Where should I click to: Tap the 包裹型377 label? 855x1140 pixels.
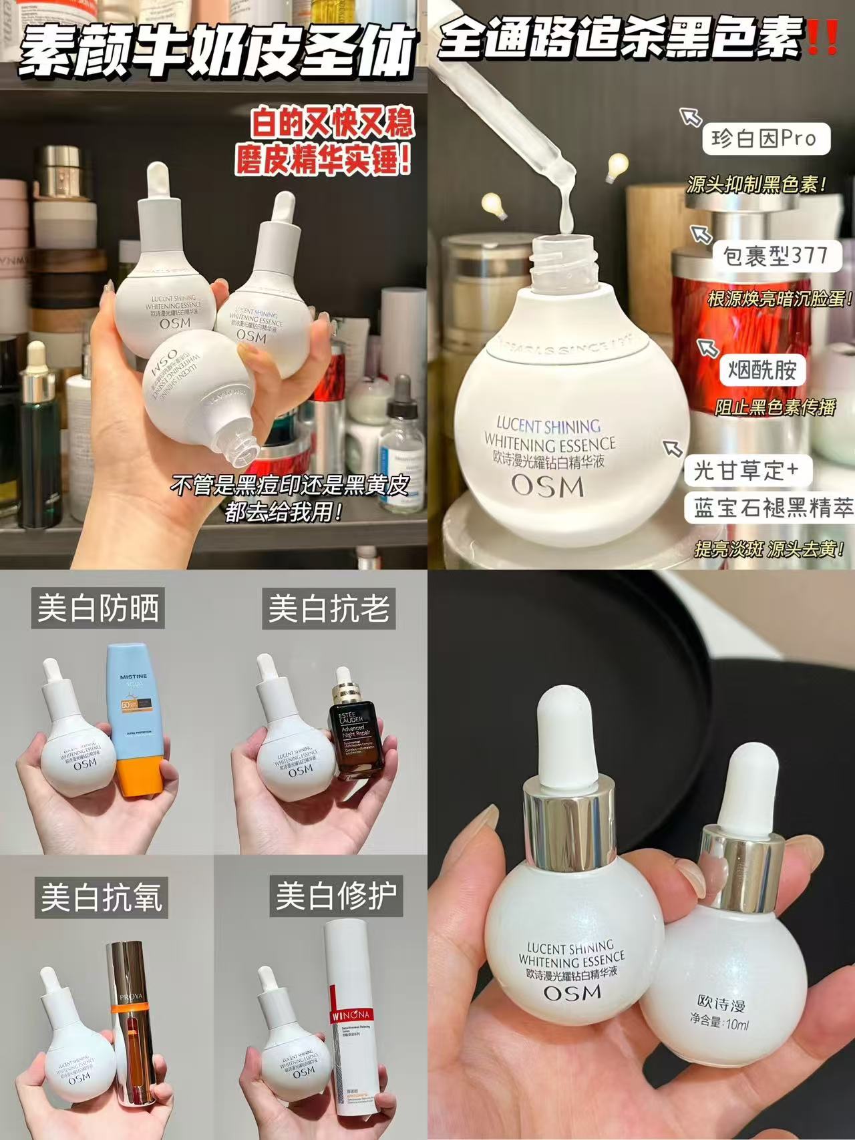coord(774,255)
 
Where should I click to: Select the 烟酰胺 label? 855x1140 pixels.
coord(762,369)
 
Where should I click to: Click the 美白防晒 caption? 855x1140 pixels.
coord(98,608)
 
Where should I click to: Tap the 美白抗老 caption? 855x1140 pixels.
coord(328,608)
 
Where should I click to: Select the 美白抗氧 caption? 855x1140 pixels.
coord(101,896)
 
